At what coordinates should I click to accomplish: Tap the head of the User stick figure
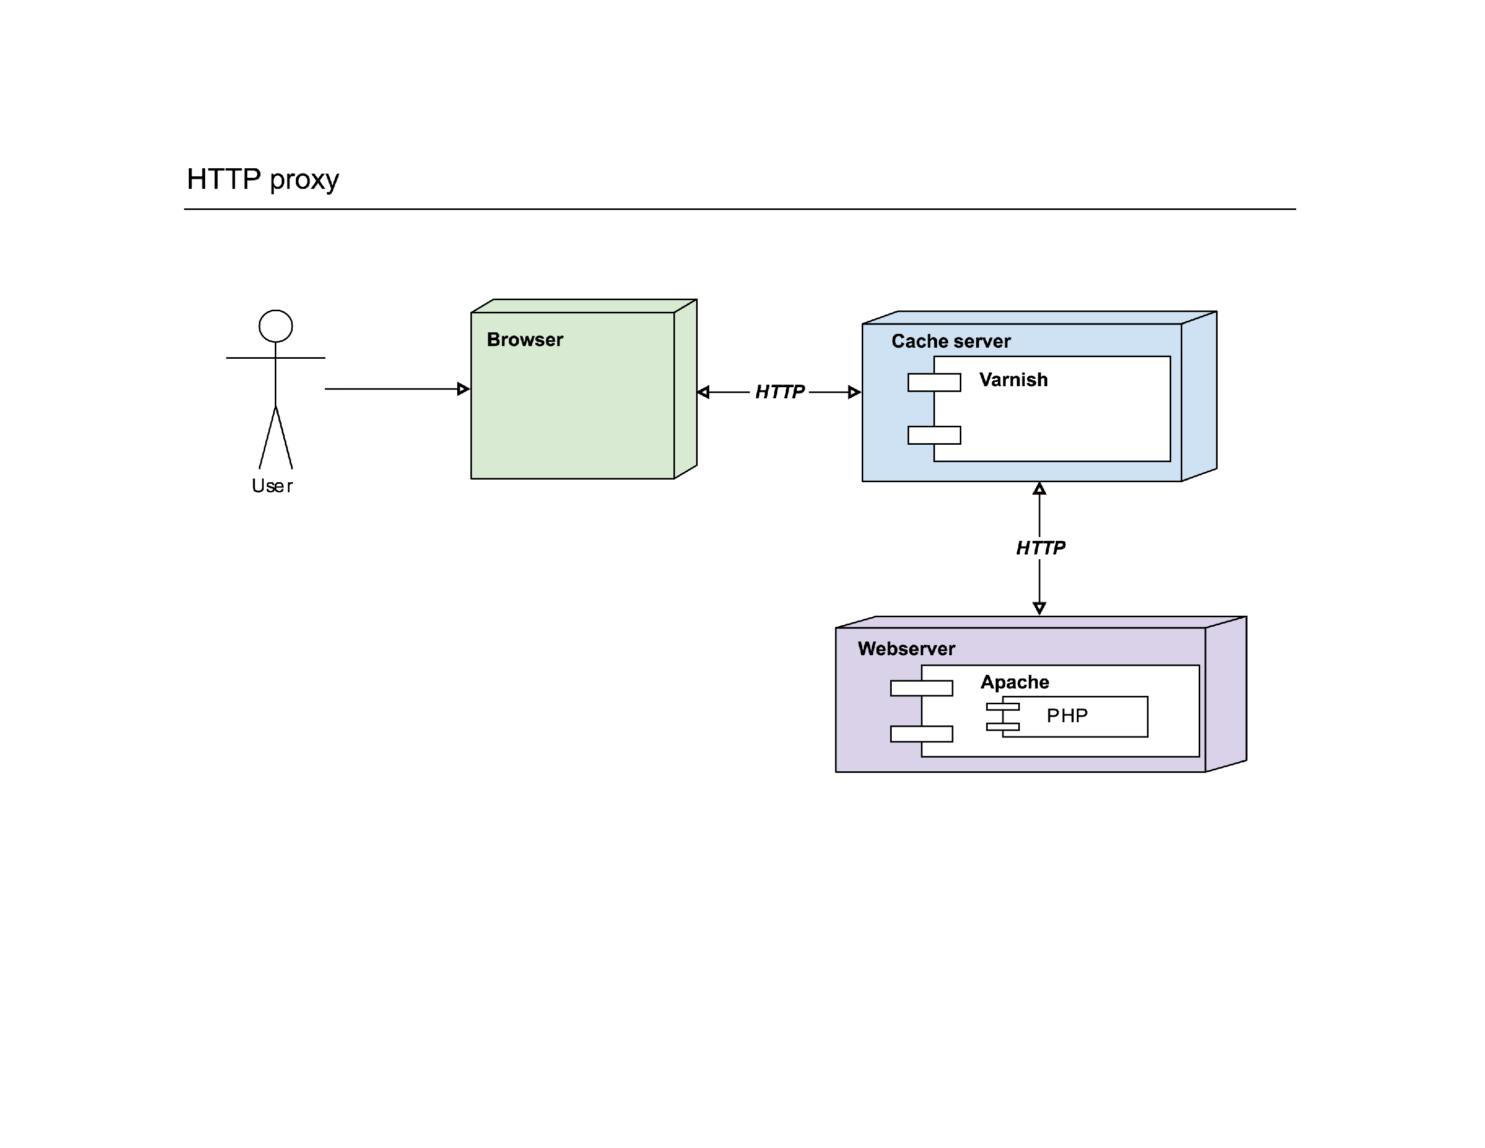[275, 327]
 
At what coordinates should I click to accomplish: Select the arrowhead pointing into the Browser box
[464, 389]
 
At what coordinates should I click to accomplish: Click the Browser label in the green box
[525, 339]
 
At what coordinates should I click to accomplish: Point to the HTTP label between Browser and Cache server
[780, 392]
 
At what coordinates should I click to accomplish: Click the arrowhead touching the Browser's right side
[703, 393]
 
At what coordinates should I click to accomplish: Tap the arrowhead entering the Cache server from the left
[855, 393]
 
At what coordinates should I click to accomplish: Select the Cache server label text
[951, 341]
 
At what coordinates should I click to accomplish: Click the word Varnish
[1013, 379]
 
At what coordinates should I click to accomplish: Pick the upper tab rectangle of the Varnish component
[934, 382]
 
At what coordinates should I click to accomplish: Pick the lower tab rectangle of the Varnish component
[934, 435]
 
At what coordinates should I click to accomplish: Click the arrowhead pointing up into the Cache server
[1039, 489]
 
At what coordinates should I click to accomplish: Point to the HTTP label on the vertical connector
[1040, 548]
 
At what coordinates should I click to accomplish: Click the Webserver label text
[907, 649]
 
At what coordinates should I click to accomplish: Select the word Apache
[1015, 682]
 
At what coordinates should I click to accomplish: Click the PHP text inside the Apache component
[1067, 715]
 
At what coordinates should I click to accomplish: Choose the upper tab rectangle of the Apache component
[921, 688]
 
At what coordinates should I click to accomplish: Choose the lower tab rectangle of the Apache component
[921, 734]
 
